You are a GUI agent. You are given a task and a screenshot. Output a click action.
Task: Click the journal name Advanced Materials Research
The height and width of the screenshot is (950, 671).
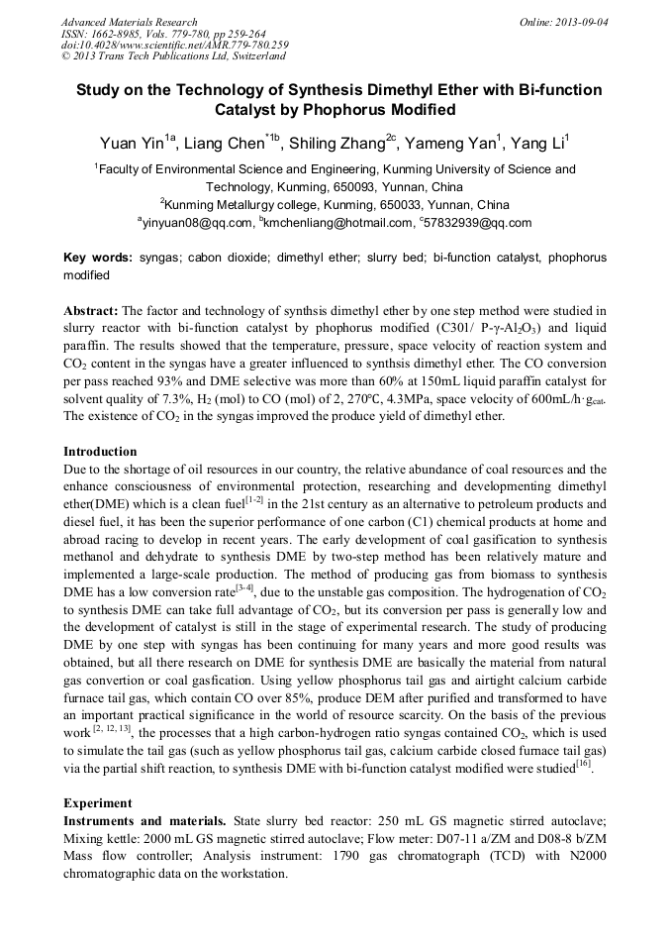(129, 22)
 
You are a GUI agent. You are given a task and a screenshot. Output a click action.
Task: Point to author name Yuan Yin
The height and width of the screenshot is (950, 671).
(134, 144)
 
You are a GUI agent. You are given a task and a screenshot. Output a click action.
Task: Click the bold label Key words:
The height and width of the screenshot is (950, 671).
(98, 257)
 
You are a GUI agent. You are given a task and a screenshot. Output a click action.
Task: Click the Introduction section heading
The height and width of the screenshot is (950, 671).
(100, 452)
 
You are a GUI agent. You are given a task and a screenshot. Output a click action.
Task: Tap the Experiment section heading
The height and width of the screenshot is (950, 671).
(97, 803)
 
